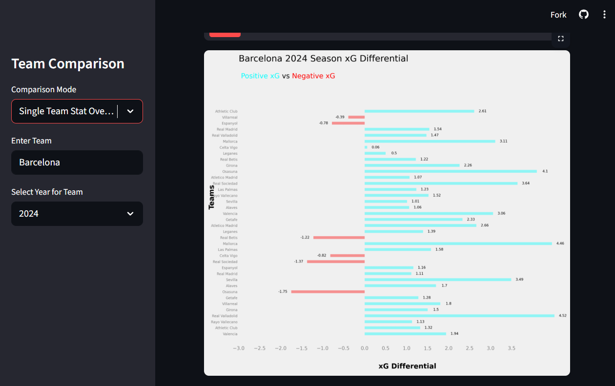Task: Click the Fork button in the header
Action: [558, 15]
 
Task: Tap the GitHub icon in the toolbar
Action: [584, 15]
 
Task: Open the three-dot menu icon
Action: [604, 15]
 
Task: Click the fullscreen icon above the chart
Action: [561, 39]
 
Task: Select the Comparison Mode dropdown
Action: [77, 111]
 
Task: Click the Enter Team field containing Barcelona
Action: [77, 163]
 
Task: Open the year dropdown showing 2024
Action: [77, 214]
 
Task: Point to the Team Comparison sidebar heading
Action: [68, 64]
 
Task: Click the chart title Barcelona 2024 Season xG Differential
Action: [323, 59]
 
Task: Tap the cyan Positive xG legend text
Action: [260, 76]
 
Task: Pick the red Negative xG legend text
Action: [313, 76]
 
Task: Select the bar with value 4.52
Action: [459, 316]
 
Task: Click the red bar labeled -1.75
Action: [328, 292]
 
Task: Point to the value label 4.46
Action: [560, 244]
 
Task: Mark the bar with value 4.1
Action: [451, 171]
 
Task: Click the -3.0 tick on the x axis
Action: [238, 348]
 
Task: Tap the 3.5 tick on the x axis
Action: [512, 348]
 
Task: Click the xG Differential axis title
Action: [407, 366]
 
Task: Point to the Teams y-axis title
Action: [211, 197]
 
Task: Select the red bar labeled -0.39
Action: [356, 117]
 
